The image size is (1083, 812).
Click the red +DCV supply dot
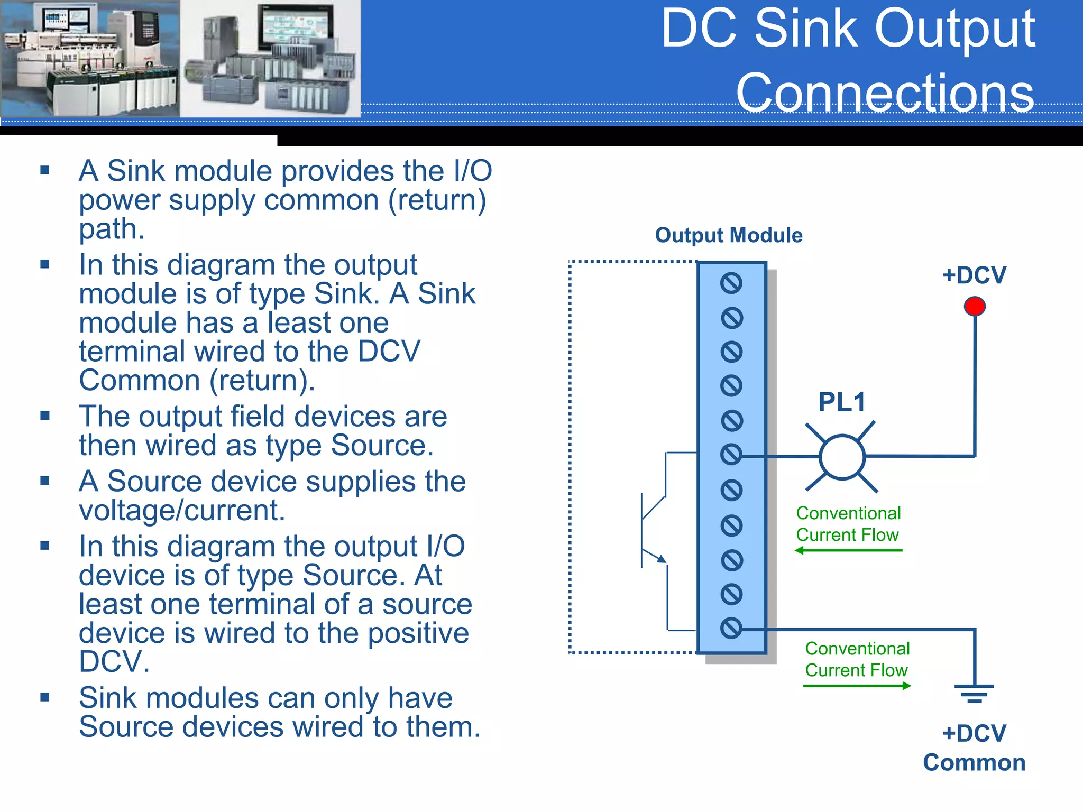click(x=975, y=306)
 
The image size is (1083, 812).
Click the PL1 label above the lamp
click(x=842, y=402)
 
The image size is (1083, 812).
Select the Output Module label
click(x=729, y=235)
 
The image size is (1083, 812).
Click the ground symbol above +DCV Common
click(x=974, y=693)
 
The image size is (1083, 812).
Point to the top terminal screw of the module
click(x=731, y=283)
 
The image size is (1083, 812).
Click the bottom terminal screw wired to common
click(x=731, y=628)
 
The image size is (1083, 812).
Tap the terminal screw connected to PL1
click(x=731, y=454)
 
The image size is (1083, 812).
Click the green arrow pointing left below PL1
click(x=848, y=550)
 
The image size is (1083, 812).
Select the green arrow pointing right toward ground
click(x=857, y=686)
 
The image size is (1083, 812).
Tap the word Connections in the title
click(x=885, y=93)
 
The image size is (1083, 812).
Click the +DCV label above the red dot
click(x=974, y=275)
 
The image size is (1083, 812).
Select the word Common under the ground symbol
click(x=974, y=763)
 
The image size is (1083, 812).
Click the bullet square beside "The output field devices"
click(x=45, y=416)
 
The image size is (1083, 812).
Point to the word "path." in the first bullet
click(x=112, y=229)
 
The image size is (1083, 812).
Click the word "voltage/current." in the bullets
click(x=182, y=511)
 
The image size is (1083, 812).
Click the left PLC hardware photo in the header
click(x=90, y=58)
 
